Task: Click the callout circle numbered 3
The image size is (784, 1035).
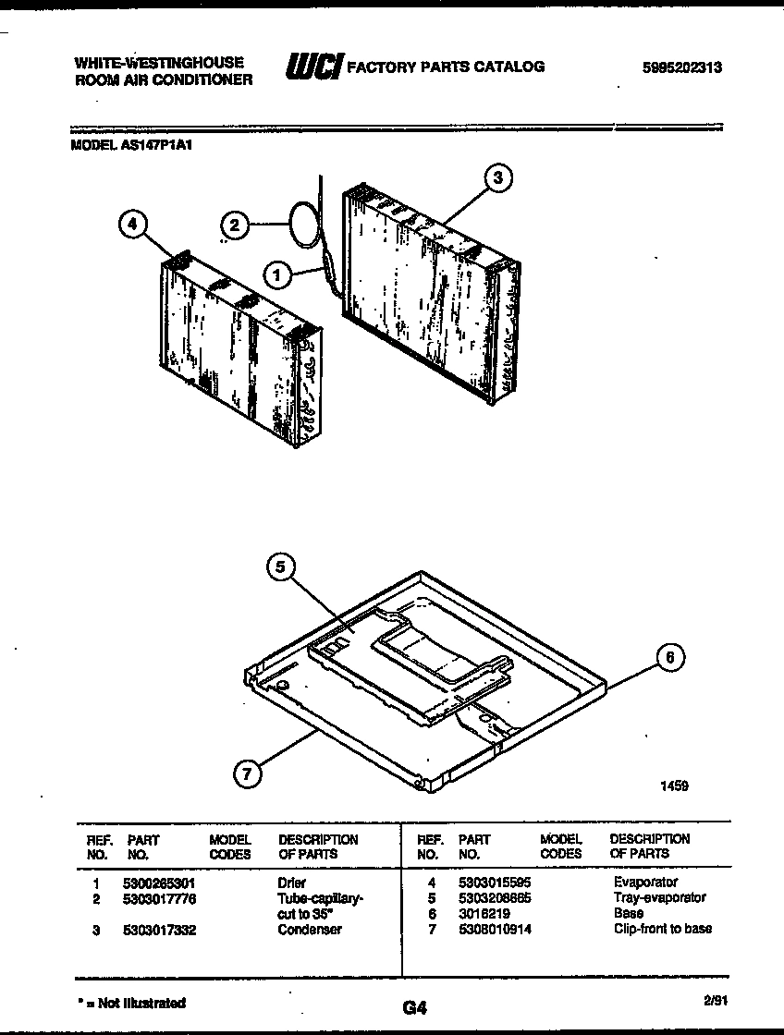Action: (x=498, y=177)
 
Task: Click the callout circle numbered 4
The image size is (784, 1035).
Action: (x=133, y=224)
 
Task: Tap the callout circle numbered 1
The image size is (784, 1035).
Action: (x=276, y=273)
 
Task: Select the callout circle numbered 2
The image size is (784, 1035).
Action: (x=235, y=224)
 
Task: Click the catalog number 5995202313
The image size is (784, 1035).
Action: (x=682, y=67)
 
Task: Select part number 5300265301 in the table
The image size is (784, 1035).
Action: (x=158, y=883)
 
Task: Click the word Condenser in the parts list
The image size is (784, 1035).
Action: (x=310, y=930)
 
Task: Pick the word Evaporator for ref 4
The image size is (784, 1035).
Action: (x=645, y=883)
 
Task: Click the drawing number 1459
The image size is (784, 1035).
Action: (x=674, y=786)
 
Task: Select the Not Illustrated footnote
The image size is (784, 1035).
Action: (x=130, y=1003)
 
